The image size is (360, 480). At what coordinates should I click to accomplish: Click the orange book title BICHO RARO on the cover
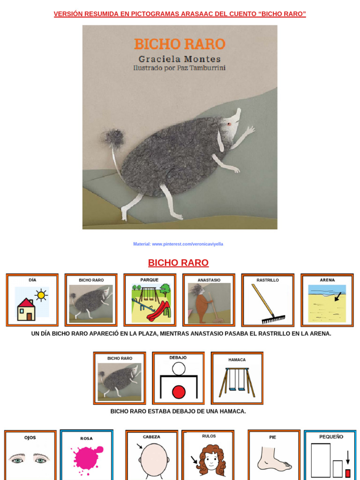[180, 44]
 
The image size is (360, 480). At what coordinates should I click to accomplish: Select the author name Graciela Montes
[180, 59]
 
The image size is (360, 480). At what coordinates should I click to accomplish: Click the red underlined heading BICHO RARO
[178, 262]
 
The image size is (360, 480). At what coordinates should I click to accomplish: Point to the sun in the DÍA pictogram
[41, 294]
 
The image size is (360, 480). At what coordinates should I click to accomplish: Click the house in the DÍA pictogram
[26, 310]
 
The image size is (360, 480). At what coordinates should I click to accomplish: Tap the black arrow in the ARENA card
[337, 296]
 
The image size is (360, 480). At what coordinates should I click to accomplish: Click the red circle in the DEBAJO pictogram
[179, 391]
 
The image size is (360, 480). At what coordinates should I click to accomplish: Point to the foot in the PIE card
[274, 459]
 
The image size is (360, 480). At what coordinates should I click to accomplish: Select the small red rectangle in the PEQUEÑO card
[348, 473]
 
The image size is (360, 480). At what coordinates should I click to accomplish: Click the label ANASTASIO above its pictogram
[209, 280]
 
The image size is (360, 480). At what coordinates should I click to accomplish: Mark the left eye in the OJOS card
[17, 460]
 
